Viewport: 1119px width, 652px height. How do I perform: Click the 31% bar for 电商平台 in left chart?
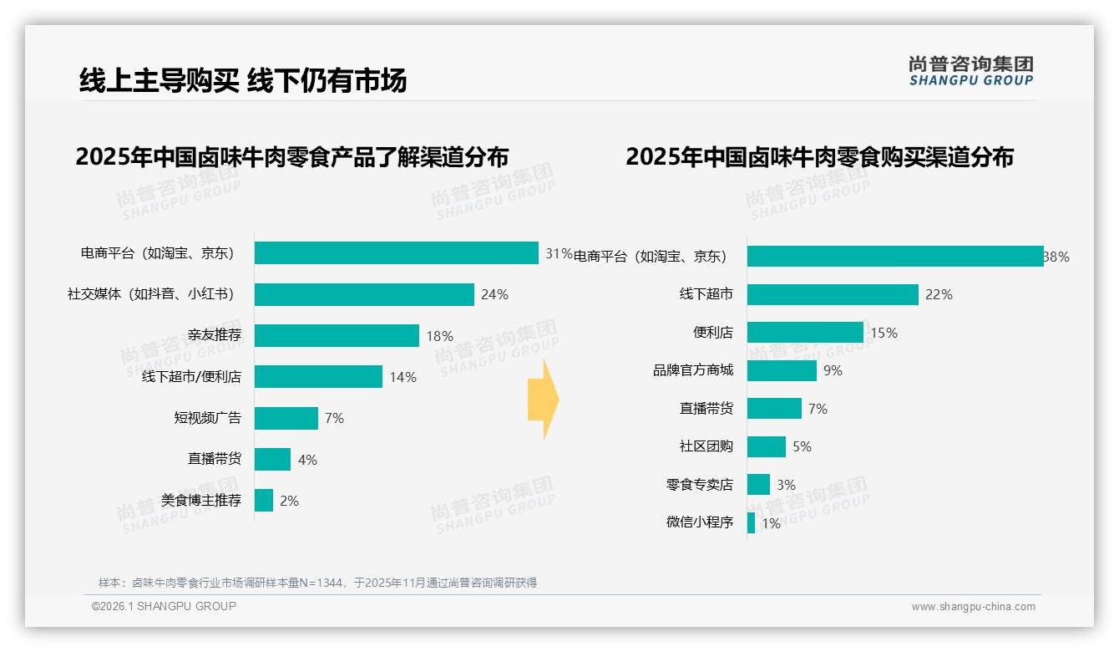click(396, 253)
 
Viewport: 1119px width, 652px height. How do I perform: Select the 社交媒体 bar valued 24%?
click(364, 294)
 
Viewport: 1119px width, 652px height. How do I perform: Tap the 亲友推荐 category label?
click(214, 336)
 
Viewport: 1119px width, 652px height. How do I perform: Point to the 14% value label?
click(403, 377)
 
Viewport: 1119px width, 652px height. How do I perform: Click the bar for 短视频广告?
click(286, 418)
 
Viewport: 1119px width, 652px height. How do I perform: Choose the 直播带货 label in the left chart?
click(214, 459)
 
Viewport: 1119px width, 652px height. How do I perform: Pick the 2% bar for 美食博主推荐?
click(264, 501)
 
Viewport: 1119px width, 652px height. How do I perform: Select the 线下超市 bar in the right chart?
click(833, 294)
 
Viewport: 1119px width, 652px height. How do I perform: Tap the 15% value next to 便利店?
click(884, 333)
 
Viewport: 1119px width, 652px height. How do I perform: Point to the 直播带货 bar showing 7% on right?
click(774, 409)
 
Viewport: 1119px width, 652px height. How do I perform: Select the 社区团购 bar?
click(767, 446)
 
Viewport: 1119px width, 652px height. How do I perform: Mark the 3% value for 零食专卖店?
click(786, 485)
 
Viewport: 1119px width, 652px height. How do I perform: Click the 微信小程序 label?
click(699, 522)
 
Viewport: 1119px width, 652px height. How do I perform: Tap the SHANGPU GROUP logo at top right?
click(970, 71)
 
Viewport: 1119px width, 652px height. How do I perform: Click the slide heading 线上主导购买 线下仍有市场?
click(243, 80)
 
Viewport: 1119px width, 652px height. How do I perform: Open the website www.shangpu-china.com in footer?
click(973, 607)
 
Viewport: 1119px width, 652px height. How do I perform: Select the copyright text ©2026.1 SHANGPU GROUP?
click(164, 606)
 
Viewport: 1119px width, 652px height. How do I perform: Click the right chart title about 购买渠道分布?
click(819, 157)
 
